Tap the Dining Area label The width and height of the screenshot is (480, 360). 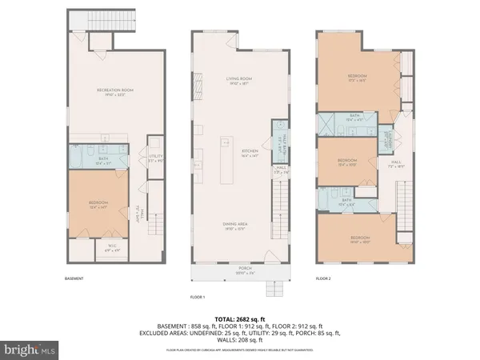click(x=234, y=227)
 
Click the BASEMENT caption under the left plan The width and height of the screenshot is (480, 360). click(x=74, y=278)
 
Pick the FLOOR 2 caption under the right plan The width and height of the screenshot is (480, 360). click(x=323, y=278)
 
